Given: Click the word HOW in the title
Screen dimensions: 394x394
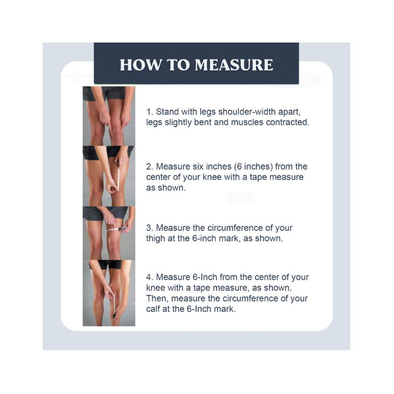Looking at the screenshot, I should [x=136, y=65].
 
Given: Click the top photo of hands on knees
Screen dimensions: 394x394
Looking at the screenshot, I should [x=109, y=116].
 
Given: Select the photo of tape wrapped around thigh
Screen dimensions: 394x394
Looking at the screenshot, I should [x=109, y=232].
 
